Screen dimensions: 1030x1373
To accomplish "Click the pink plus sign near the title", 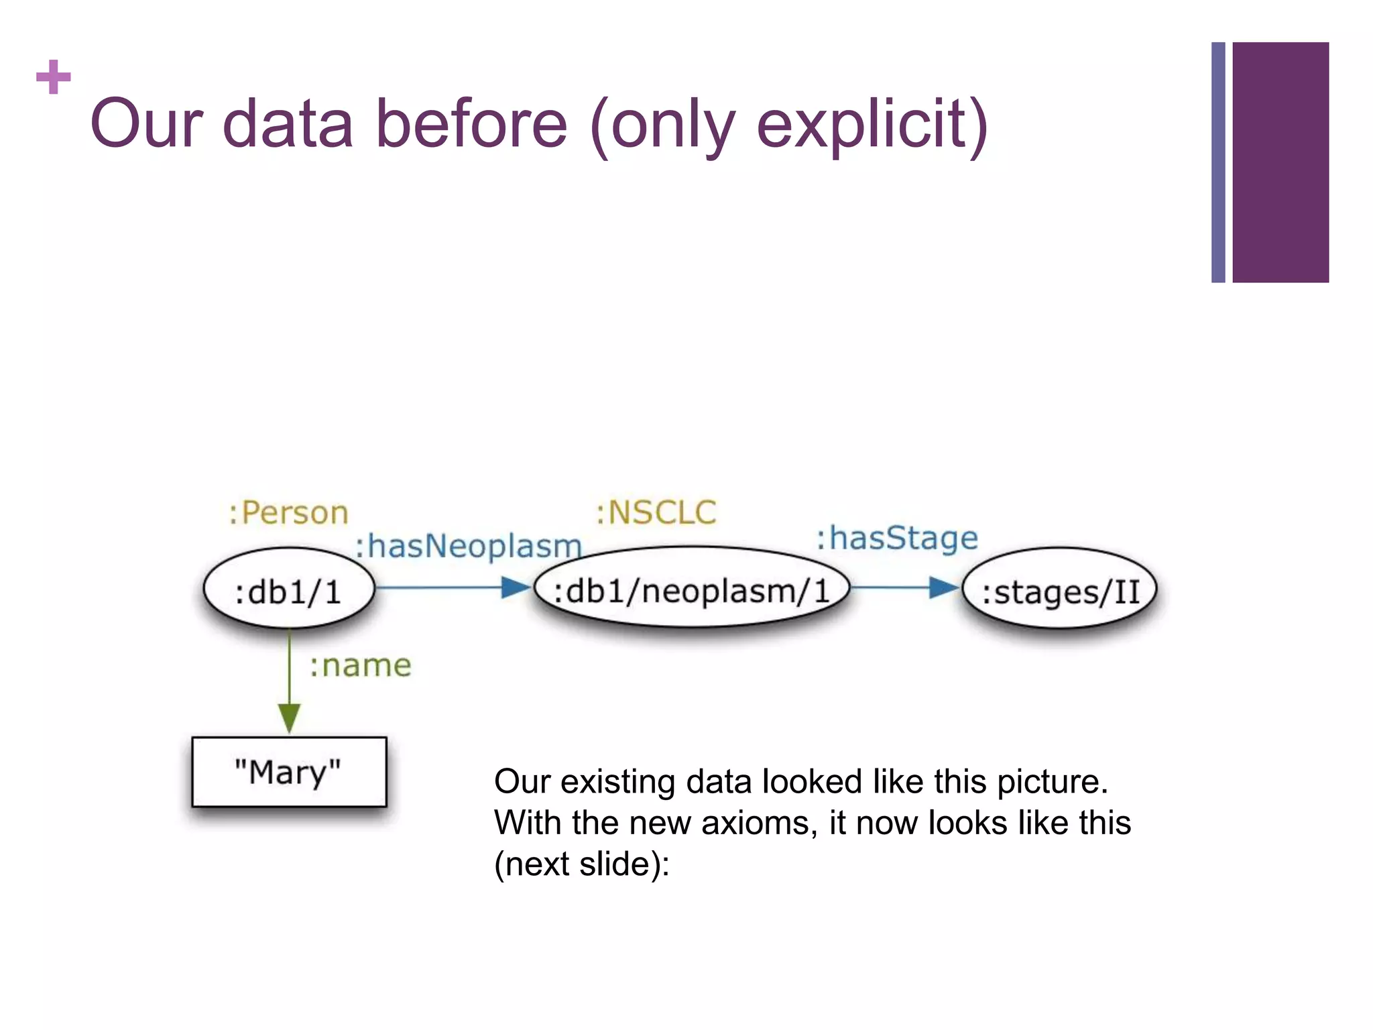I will point(54,77).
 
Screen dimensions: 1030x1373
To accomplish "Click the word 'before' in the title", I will point(471,124).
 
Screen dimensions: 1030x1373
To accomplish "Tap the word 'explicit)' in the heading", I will point(872,125).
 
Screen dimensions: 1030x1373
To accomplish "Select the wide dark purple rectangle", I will point(1280,162).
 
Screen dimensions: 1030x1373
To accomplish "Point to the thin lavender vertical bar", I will point(1218,162).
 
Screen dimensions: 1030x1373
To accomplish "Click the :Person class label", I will point(288,513).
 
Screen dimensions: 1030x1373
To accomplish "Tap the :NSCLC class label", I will point(656,513).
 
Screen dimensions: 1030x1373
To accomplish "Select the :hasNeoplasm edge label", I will point(468,546).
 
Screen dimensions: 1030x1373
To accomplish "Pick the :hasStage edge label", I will point(897,538).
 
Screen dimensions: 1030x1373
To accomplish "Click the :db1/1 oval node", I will point(288,589).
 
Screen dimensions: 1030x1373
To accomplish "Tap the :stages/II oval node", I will point(1060,590).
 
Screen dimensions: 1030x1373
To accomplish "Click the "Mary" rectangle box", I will point(289,772).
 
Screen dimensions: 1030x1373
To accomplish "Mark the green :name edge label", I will point(360,666).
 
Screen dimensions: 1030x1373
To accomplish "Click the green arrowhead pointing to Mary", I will point(289,718).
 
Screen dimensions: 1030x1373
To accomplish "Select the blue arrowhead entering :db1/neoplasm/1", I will point(516,587).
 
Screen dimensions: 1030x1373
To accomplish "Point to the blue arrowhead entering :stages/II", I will point(943,587).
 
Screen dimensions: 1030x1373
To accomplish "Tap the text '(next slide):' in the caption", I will point(581,864).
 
